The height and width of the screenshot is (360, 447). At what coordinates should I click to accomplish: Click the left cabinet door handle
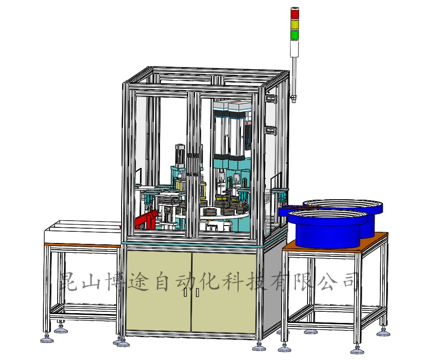tap(186, 292)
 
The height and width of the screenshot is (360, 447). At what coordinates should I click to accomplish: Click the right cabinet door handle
tap(197, 292)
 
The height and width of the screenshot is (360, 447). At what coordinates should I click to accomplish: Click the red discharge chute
tap(146, 220)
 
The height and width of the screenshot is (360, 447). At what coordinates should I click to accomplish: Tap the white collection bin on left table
tap(83, 232)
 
